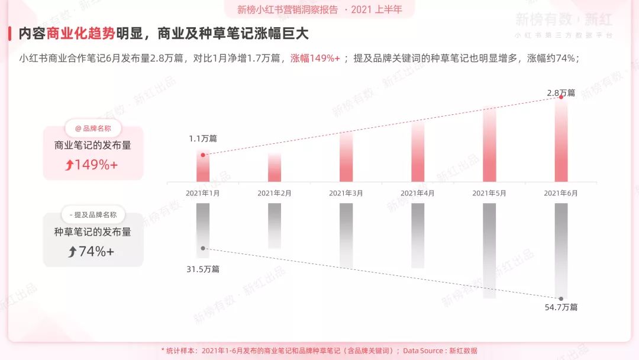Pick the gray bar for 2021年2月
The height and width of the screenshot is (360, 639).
coord(275,226)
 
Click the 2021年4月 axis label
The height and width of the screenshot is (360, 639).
coord(418,193)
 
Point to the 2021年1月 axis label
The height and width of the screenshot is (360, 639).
coord(203,193)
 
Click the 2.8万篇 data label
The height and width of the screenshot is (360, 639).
coord(561,93)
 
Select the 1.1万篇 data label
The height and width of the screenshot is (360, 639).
coord(203,139)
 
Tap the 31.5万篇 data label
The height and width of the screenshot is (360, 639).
coord(203,269)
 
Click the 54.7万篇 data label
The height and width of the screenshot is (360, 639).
coord(561,307)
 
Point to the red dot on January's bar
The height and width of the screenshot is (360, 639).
coord(203,155)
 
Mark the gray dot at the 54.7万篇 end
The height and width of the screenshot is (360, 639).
coord(561,298)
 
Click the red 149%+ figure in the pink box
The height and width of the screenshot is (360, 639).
coord(92,165)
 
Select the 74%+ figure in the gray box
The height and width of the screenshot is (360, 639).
coord(92,252)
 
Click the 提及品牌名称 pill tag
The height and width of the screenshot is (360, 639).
coord(93,215)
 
